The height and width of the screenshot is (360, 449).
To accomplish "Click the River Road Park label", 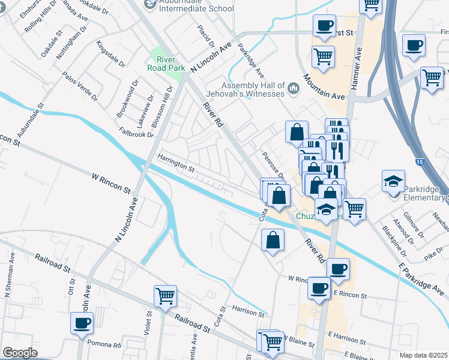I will click(x=161, y=63).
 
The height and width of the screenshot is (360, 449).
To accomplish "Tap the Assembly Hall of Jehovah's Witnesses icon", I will click(x=294, y=89).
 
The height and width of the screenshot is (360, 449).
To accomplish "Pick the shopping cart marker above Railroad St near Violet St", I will click(x=165, y=295).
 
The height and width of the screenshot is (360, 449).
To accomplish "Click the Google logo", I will click(x=20, y=353).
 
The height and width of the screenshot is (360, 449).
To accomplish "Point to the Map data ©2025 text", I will click(x=423, y=355).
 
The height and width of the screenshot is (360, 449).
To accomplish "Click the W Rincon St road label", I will click(x=111, y=182).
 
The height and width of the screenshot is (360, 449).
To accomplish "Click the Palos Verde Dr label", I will click(x=79, y=86).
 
